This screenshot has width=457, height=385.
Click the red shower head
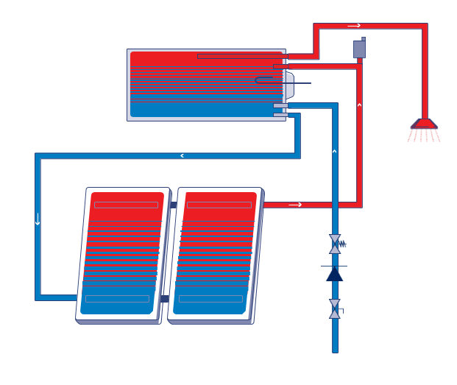(x=425, y=124)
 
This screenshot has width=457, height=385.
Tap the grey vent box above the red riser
(x=359, y=49)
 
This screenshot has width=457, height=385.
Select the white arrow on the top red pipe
(x=354, y=26)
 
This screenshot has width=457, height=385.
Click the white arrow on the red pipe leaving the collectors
(x=295, y=205)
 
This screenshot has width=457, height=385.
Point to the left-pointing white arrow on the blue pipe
(x=182, y=155)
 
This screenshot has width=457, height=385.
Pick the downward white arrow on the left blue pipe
(x=38, y=219)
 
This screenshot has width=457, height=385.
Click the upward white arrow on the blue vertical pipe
(x=335, y=152)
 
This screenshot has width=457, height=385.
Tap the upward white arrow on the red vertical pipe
(x=359, y=105)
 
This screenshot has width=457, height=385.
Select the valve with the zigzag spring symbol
(x=336, y=244)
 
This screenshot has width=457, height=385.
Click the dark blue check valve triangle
(x=335, y=274)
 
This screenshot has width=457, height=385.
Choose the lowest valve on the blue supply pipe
(x=335, y=309)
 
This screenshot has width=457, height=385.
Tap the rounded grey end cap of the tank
(x=289, y=85)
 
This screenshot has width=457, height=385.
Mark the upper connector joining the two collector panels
(x=174, y=205)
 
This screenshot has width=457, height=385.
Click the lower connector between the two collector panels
(x=165, y=299)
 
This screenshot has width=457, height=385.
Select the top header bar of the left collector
(x=126, y=205)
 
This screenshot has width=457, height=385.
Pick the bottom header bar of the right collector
(x=210, y=299)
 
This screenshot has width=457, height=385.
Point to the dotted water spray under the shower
(x=425, y=135)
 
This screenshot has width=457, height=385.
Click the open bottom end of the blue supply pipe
(x=335, y=350)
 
